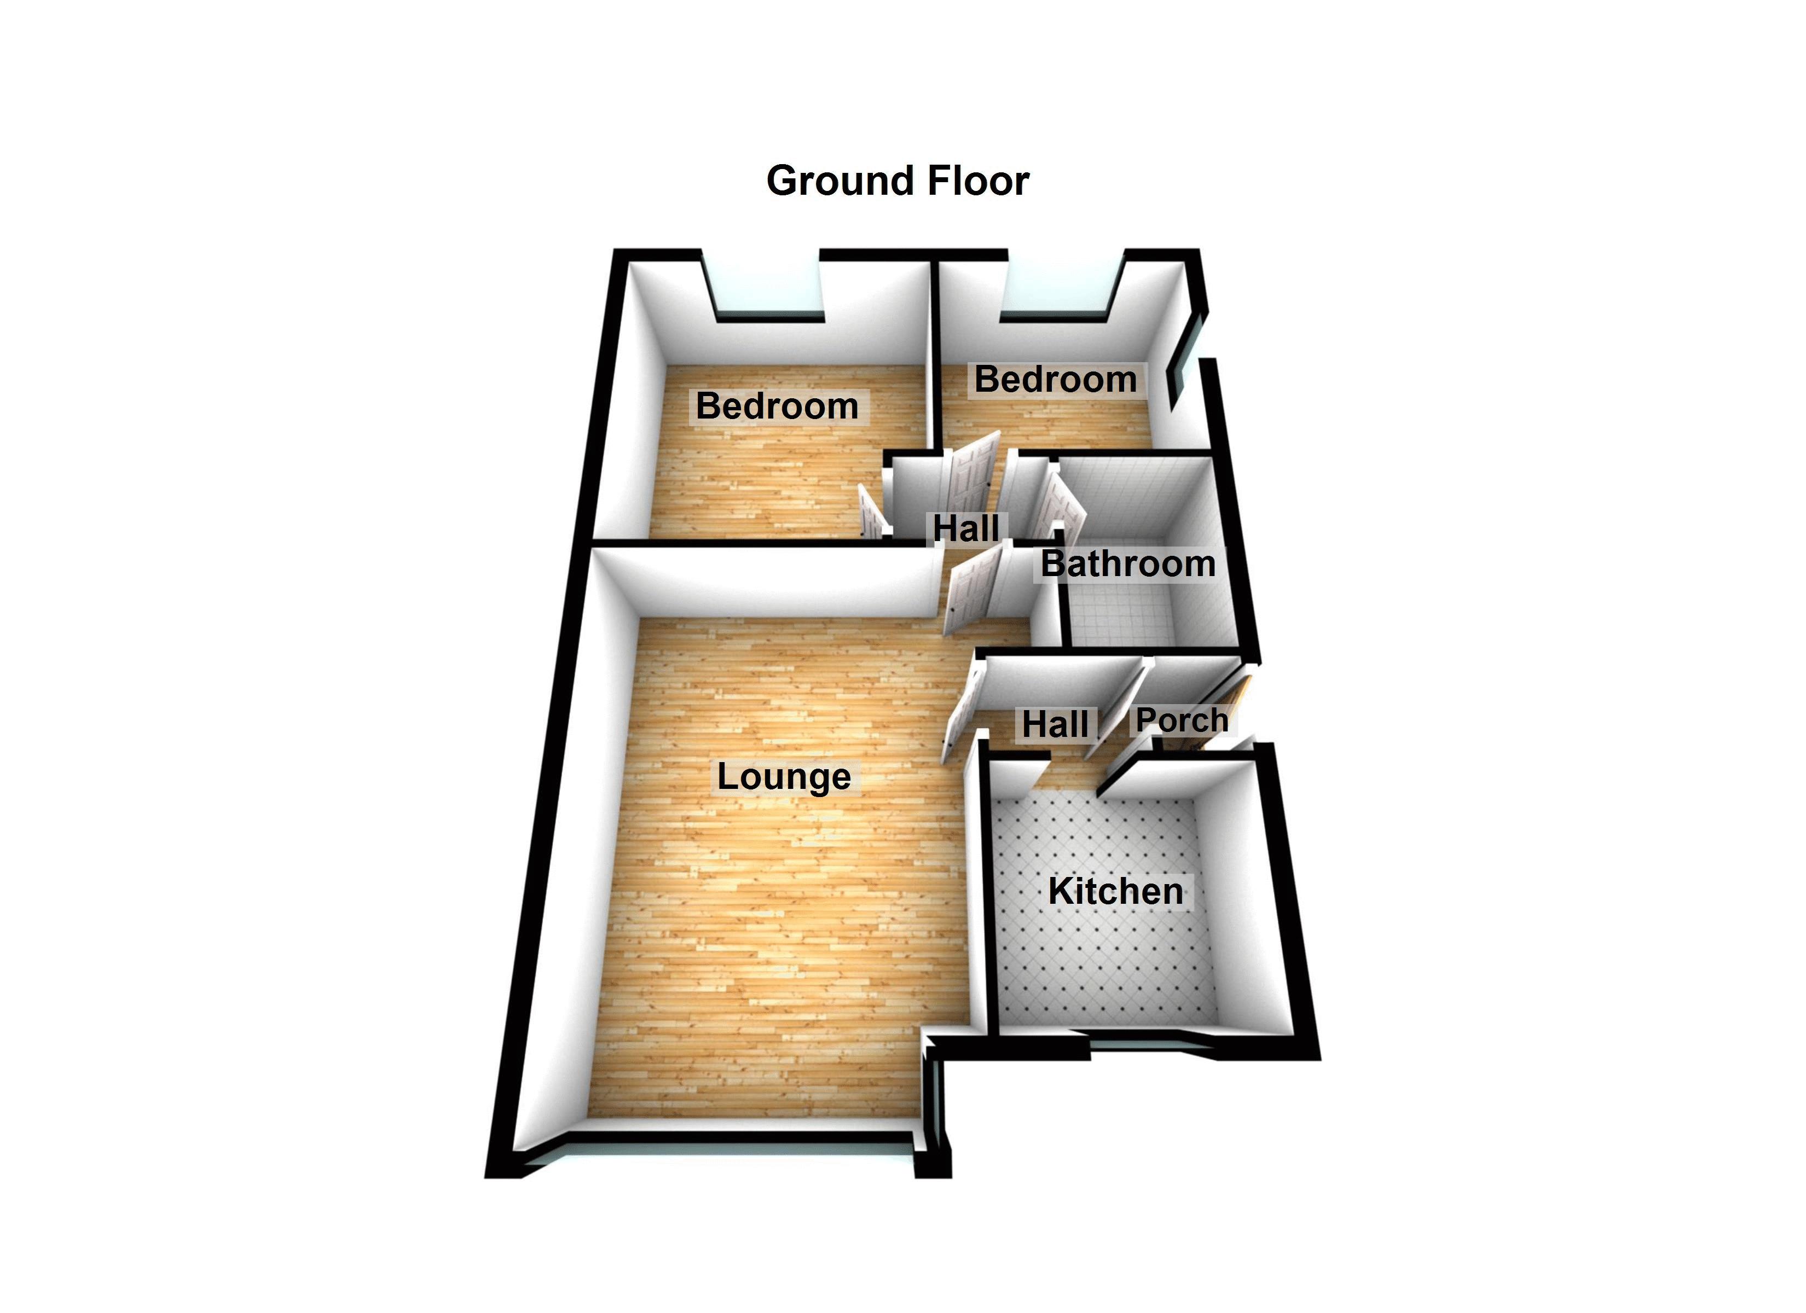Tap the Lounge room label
pyautogui.click(x=784, y=777)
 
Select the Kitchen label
pyautogui.click(x=1115, y=892)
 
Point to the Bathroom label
pyautogui.click(x=1127, y=563)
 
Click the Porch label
pyautogui.click(x=1182, y=720)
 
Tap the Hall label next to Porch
pyautogui.click(x=1055, y=724)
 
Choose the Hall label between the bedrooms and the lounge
pyautogui.click(x=966, y=528)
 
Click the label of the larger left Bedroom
pyautogui.click(x=777, y=406)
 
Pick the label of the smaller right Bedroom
pyautogui.click(x=1055, y=379)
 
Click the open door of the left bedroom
pyautogui.click(x=871, y=514)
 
